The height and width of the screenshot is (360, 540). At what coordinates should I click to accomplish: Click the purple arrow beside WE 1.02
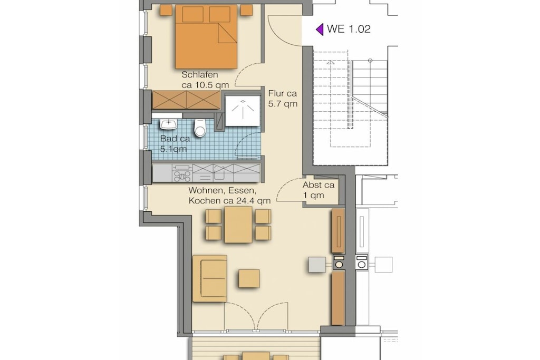click(320, 30)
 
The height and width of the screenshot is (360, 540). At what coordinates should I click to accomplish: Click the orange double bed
click(206, 37)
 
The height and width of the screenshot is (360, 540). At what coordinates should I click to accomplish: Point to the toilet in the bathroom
click(200, 128)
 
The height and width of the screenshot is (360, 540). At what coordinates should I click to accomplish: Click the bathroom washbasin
click(168, 124)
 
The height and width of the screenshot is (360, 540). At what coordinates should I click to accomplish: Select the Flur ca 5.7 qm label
click(283, 99)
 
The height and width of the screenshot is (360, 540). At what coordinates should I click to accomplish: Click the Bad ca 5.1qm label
click(175, 144)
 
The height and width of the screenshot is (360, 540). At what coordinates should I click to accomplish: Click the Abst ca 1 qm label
click(319, 190)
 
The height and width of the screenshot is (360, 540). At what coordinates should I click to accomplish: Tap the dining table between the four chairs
click(238, 225)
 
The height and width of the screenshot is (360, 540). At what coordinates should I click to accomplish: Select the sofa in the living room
click(210, 278)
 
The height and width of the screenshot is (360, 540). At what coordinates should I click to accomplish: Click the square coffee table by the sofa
click(249, 279)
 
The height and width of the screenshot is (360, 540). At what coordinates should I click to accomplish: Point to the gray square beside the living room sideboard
click(317, 265)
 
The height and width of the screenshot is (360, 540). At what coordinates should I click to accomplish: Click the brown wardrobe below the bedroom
click(186, 100)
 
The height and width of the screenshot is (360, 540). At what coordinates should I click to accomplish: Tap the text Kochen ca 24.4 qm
click(229, 201)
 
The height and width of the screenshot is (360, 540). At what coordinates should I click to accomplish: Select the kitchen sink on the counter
click(219, 173)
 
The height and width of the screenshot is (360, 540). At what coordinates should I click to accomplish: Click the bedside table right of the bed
click(247, 11)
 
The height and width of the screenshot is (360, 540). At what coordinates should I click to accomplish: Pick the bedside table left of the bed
click(166, 11)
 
